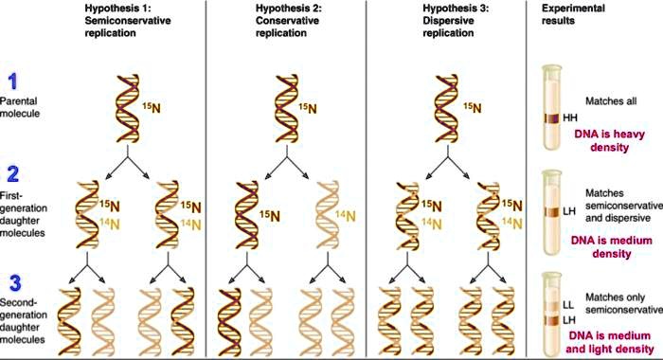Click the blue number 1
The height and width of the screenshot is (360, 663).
pyautogui.click(x=12, y=83)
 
